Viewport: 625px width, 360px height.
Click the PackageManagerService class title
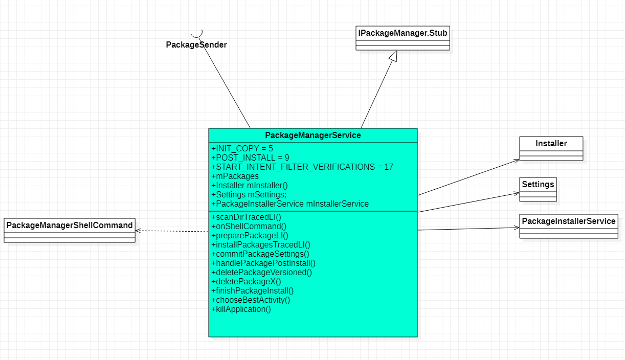click(x=312, y=136)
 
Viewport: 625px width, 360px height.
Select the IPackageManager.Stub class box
click(x=403, y=34)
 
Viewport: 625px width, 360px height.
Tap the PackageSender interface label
click(x=196, y=45)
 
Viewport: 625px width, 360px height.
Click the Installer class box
click(x=551, y=144)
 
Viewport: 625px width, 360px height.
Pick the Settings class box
click(x=538, y=185)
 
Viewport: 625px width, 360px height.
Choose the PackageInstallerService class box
click(x=568, y=221)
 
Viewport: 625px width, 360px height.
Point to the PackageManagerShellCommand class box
click(x=70, y=226)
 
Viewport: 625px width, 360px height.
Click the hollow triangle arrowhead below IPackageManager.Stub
click(x=392, y=56)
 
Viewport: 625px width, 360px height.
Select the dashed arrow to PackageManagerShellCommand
click(x=172, y=231)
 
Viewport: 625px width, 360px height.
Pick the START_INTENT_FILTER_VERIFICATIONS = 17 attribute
click(x=302, y=167)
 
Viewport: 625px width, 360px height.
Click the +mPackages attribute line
click(x=235, y=176)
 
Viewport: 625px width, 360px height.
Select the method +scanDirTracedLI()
click(x=246, y=217)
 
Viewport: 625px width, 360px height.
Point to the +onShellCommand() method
click(x=249, y=227)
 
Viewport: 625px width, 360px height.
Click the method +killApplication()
click(x=241, y=309)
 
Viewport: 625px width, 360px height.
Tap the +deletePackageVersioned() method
click(x=261, y=273)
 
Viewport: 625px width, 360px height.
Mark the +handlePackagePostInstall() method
click(x=263, y=263)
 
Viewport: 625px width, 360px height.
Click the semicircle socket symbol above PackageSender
click(x=197, y=34)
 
